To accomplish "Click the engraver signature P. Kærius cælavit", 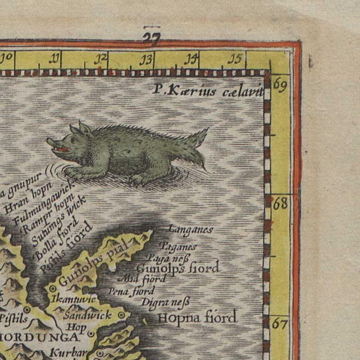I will tap(207, 91).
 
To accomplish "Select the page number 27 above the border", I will tap(152, 37).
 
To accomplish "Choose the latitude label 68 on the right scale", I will tap(280, 204).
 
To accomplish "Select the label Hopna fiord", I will tap(197, 317).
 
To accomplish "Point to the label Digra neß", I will tap(165, 302).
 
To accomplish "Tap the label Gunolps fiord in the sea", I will tap(178, 268).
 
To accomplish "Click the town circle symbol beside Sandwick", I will tap(121, 315).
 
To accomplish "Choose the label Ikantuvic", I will tap(73, 299).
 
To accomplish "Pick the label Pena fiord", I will tap(131, 291).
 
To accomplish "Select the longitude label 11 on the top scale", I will tap(55, 59).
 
